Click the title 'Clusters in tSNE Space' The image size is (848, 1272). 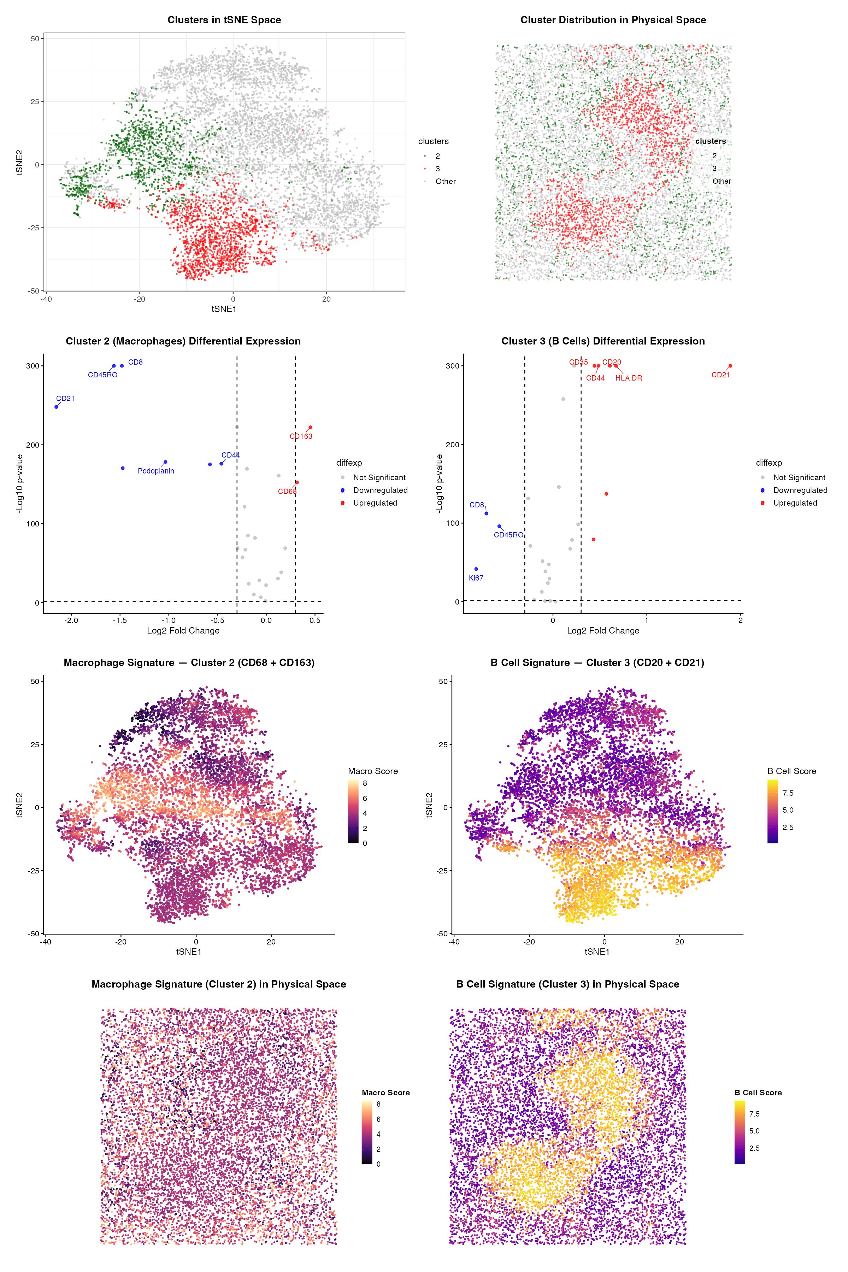224,20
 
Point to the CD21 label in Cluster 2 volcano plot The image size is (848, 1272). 65,399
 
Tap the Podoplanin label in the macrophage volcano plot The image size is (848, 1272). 156,471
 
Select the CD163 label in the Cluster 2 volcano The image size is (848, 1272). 301,436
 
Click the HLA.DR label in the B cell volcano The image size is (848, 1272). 629,378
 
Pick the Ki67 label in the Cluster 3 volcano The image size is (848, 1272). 476,578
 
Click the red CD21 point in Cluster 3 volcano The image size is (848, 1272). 730,366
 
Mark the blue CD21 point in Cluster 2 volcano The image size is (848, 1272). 56,407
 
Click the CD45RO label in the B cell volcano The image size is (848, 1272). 508,535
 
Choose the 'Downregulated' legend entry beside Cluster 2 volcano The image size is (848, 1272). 380,490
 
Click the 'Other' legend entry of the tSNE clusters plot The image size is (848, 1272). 445,182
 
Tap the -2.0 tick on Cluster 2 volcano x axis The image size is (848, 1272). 71,620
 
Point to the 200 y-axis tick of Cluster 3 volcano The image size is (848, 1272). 453,444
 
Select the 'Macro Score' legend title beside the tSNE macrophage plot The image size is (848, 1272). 373,771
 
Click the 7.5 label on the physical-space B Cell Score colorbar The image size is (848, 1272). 754,1114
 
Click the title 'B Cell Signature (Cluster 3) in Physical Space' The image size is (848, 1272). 567,984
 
